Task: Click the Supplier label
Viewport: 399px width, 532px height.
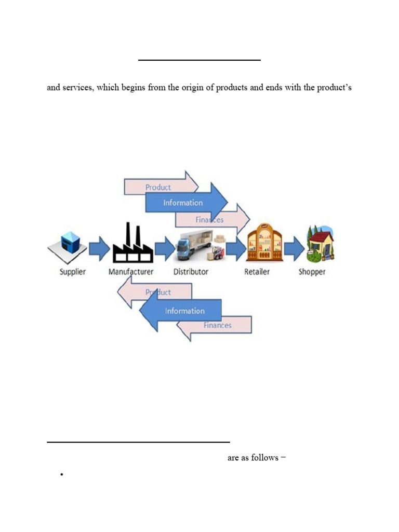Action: coord(73,272)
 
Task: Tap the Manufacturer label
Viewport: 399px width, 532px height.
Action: coord(131,272)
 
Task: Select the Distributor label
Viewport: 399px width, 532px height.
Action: coord(191,272)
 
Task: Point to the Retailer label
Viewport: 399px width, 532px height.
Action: coord(257,272)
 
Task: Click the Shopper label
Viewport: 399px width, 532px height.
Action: coord(312,272)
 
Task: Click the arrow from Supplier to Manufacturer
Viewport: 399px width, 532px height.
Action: coord(99,249)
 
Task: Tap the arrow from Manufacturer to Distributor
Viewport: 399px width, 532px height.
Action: coord(165,249)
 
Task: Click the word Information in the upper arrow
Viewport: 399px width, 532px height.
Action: coord(183,203)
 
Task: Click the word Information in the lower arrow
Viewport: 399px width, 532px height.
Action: coord(185,311)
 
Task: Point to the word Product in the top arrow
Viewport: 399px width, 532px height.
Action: coord(158,187)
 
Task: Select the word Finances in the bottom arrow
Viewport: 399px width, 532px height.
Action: coord(218,326)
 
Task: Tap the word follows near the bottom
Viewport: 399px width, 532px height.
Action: coord(264,458)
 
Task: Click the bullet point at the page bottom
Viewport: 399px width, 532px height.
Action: coord(61,475)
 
